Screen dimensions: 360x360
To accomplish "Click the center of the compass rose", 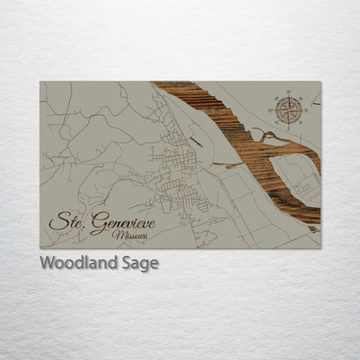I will tap(289, 110).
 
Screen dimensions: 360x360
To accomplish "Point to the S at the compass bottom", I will tap(289, 127).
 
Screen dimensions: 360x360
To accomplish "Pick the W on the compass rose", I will tap(272, 110).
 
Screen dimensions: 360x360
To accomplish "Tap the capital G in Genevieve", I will tap(98, 222).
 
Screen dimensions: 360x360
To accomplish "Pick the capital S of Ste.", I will tap(57, 222).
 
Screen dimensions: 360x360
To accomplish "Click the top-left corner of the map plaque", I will tap(40, 82).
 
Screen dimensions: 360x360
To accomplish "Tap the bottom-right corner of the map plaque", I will tap(320, 248).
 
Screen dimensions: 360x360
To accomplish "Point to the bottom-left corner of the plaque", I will tap(40, 248).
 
